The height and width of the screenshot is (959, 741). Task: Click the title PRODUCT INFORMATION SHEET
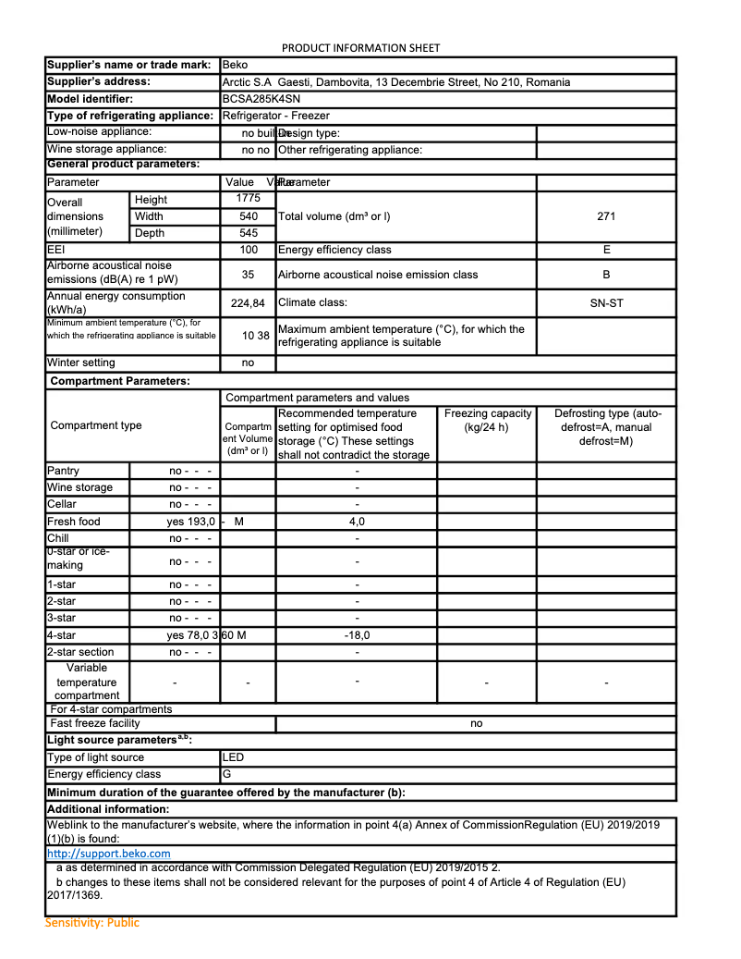(x=360, y=48)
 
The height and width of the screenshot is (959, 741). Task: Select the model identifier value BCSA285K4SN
(x=261, y=99)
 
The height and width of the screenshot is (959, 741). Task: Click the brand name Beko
(x=235, y=65)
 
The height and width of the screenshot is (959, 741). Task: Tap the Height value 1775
(x=248, y=199)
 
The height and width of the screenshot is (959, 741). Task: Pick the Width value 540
(x=248, y=216)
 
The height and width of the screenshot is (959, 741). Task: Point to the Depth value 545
(x=248, y=234)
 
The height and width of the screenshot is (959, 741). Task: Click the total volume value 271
(x=606, y=216)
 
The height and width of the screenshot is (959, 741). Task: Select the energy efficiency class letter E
(x=606, y=250)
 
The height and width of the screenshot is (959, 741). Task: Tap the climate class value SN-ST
(x=606, y=302)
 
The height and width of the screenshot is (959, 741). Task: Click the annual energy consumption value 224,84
(x=248, y=303)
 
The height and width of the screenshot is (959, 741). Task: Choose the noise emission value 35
(x=248, y=275)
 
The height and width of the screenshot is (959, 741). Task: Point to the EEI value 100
(x=248, y=250)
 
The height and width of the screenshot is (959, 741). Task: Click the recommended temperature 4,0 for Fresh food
(x=357, y=522)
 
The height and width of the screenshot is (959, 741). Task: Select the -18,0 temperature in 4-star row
(x=357, y=635)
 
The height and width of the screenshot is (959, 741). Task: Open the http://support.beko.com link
(x=108, y=854)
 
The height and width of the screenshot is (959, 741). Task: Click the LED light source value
(x=233, y=757)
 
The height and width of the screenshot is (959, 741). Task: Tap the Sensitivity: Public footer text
(x=92, y=923)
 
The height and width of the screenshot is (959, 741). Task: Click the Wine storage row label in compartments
(x=79, y=487)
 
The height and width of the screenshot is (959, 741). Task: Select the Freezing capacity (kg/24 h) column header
(x=487, y=420)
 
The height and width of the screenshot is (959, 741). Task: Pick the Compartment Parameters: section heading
(x=120, y=381)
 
